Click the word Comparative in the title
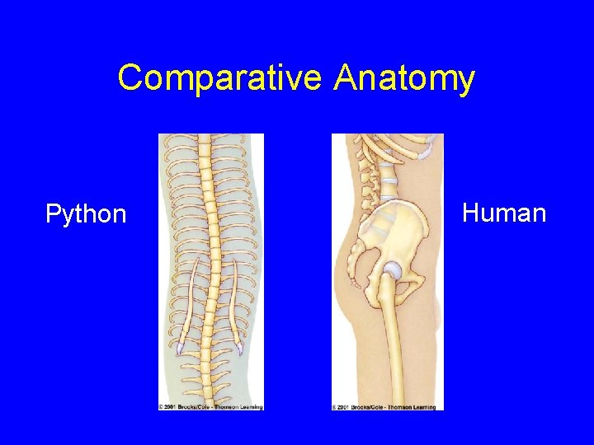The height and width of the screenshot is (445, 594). coord(221,79)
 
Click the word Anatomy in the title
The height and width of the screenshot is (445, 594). coord(405,79)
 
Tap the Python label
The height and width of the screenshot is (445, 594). coord(86,215)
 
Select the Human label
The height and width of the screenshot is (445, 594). coord(504,213)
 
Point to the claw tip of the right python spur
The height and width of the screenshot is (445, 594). coord(242,349)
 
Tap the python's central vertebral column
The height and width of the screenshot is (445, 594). coord(210,247)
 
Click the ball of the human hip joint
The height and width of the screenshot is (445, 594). coord(394,269)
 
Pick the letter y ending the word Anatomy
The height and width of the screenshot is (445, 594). coord(466,82)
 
